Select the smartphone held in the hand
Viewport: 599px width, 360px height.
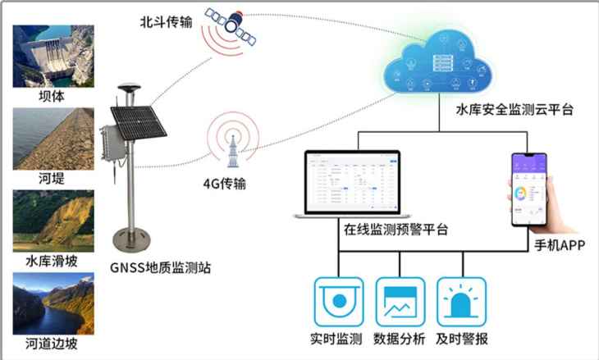tap(528, 189)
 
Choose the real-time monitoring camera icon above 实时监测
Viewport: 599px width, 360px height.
tap(338, 303)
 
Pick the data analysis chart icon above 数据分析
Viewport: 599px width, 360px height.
tap(400, 303)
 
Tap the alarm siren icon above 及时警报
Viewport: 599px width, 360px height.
tap(460, 303)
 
